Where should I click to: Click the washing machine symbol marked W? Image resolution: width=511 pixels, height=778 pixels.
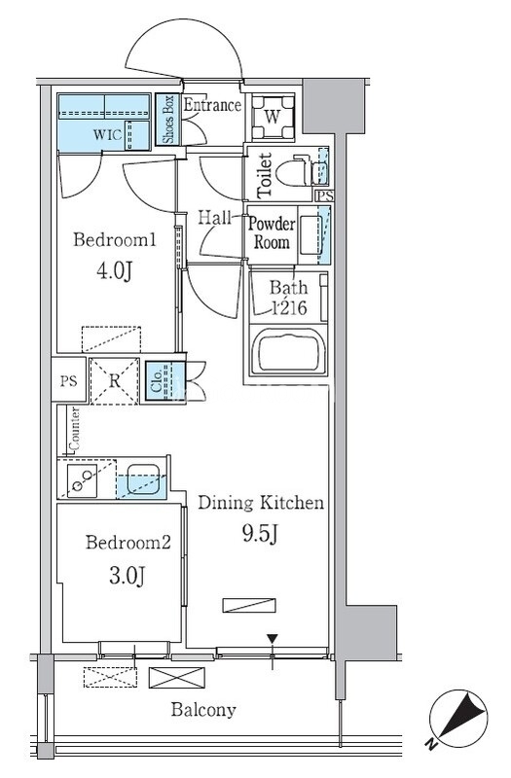[x=273, y=118]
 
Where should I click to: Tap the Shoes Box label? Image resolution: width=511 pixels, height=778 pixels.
[x=168, y=120]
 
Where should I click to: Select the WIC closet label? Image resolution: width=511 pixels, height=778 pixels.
[x=107, y=135]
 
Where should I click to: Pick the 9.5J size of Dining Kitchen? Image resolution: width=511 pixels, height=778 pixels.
[x=259, y=533]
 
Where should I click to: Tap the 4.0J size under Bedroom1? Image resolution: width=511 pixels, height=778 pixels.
[x=115, y=271]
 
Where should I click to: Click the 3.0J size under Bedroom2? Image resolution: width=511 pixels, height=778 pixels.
[x=128, y=576]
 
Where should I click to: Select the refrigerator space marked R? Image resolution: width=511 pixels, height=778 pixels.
[x=114, y=381]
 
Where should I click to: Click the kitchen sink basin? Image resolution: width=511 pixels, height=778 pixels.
[x=143, y=478]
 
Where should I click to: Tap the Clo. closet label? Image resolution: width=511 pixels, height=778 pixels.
[x=157, y=381]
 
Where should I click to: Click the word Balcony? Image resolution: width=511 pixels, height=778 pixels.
[x=203, y=710]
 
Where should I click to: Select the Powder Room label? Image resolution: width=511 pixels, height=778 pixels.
[x=272, y=232]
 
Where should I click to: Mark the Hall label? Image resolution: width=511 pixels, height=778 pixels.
[x=214, y=217]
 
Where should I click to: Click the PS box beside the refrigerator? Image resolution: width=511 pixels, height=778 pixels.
[x=69, y=381]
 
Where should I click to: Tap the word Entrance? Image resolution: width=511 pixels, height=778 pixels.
[x=212, y=105]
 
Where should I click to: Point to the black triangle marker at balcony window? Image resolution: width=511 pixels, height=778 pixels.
[x=273, y=639]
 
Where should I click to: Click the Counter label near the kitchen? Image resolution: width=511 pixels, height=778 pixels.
[x=75, y=429]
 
